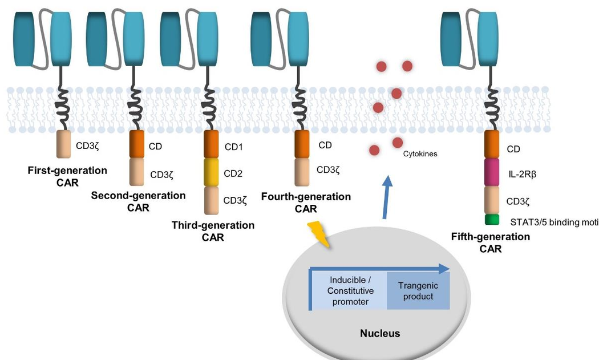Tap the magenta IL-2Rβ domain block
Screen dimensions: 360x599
492,172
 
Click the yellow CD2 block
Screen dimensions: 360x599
211,172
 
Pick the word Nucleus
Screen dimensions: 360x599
379,333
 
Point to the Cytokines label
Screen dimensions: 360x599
420,154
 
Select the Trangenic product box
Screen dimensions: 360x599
416,291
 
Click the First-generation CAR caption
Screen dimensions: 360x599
67,176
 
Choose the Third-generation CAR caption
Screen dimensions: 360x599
213,231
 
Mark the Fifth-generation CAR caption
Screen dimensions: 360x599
491,242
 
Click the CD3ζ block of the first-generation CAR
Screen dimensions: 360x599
64,145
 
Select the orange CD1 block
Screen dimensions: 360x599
211,145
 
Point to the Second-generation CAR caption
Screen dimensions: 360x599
138,201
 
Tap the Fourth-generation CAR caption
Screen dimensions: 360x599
306,203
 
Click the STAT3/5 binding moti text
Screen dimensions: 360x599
554,222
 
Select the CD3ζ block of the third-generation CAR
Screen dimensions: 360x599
211,200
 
